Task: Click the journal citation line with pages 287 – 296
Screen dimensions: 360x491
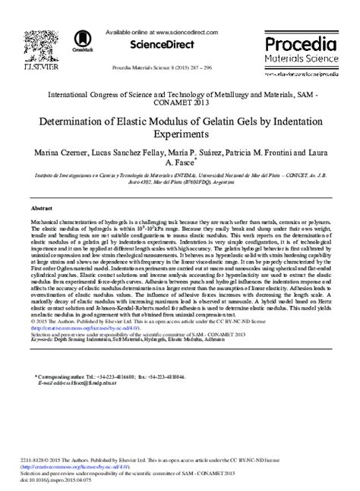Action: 179,65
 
